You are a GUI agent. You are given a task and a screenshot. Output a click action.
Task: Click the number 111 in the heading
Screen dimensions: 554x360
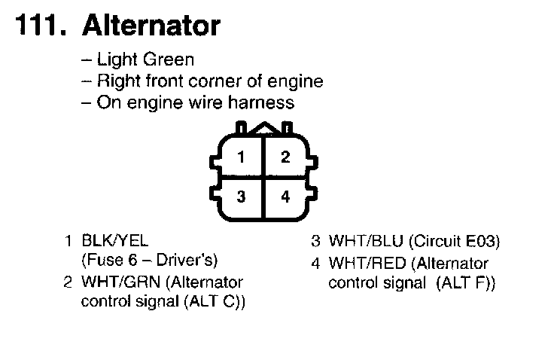(39, 26)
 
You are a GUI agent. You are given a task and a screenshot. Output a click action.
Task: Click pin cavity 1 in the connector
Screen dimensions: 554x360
(240, 157)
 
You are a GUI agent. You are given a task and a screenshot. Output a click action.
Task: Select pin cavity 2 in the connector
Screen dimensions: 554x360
(285, 157)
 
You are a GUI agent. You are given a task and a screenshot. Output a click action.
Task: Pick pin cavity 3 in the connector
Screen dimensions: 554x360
(240, 197)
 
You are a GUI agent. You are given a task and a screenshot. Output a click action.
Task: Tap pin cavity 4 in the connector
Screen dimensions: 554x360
(285, 197)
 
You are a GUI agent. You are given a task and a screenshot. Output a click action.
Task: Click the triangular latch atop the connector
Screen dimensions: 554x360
(263, 130)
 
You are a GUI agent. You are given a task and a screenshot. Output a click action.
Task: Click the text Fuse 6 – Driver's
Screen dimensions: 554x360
(149, 261)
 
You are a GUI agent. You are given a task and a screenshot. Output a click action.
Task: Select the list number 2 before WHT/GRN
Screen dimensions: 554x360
(68, 282)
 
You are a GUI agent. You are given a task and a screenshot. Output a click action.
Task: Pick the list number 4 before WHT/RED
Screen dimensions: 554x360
(316, 264)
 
